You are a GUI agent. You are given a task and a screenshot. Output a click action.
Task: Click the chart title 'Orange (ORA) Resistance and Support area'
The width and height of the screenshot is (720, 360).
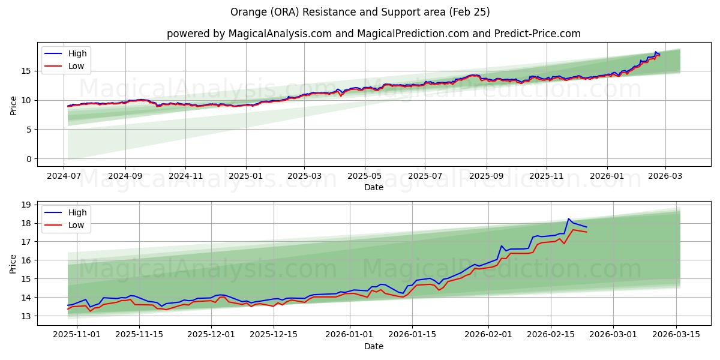pos(360,12)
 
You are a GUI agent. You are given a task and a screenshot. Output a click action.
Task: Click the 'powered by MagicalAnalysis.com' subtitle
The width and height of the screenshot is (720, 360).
pos(373,34)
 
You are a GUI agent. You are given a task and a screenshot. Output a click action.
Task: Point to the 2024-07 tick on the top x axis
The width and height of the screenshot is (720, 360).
pos(64,177)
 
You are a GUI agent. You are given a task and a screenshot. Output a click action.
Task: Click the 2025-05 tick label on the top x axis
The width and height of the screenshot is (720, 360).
pos(364,177)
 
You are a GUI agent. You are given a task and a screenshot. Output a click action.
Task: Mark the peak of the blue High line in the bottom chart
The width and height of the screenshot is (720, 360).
pos(569,218)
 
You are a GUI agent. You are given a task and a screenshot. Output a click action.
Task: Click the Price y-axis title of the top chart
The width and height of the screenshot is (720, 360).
pos(14,105)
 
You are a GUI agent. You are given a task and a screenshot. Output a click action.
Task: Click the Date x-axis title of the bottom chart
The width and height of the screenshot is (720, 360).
pos(373,346)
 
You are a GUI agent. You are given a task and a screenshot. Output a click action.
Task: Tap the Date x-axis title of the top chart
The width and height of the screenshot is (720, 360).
pos(373,187)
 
